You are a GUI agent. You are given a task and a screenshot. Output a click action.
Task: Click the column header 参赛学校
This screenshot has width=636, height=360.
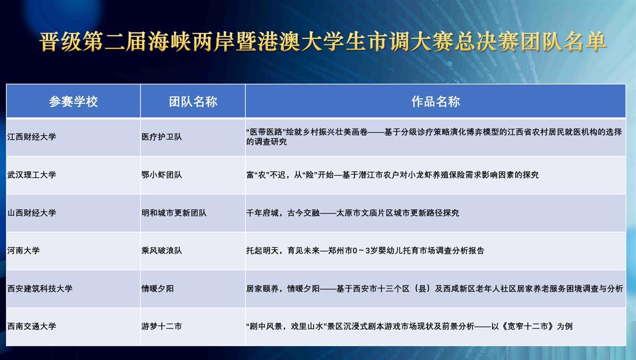tap(73, 101)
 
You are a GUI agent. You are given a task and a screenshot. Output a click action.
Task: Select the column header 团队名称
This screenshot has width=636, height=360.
tap(193, 101)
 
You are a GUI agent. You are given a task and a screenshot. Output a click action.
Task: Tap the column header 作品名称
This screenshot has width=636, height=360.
tap(436, 101)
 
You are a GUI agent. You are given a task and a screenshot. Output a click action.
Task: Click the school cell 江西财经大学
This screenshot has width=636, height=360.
tap(31, 137)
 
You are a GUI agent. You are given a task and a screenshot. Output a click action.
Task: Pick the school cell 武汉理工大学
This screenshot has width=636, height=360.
tap(31, 175)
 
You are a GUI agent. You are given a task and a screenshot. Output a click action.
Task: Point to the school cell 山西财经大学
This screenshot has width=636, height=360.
tap(31, 213)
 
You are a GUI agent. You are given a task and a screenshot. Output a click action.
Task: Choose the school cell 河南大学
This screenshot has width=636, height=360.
tap(23, 250)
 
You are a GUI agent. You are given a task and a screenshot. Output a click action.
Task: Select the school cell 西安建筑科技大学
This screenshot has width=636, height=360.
tap(40, 288)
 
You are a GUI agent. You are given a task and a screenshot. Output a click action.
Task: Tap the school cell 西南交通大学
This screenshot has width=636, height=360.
tap(31, 326)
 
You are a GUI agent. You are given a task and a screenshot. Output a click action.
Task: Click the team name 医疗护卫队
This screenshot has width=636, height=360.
tap(162, 137)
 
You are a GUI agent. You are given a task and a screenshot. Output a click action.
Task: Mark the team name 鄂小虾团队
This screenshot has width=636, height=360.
tap(162, 175)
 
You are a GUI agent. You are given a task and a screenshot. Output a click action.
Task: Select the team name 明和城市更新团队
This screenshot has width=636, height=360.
tap(174, 213)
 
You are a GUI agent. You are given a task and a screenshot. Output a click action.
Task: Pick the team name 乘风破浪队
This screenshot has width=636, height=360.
tap(162, 250)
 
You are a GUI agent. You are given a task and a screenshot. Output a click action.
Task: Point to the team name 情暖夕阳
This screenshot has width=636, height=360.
tap(157, 288)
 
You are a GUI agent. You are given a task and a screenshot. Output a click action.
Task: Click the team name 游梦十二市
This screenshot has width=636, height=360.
tap(162, 326)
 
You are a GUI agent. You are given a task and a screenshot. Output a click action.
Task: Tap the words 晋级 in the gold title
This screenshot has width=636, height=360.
tap(60, 42)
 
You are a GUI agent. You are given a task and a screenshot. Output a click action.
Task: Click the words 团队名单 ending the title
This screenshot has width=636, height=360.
tap(563, 42)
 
